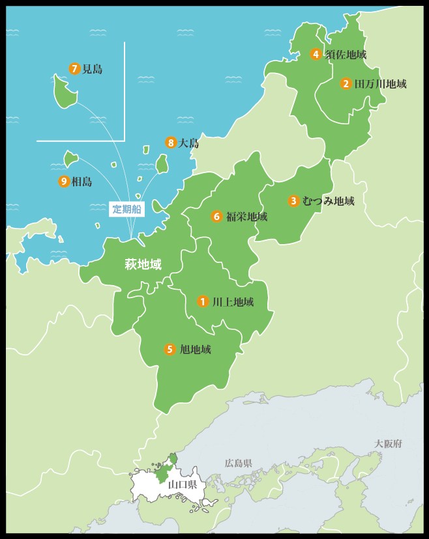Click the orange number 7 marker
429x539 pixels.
tap(74, 68)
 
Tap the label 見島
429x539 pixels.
tap(93, 69)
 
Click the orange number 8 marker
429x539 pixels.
tap(171, 143)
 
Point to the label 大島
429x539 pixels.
tap(188, 144)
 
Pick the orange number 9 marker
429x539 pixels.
tap(64, 182)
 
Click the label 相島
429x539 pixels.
tap(81, 182)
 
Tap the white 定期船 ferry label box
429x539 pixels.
tap(126, 209)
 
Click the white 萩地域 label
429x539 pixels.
tap(143, 264)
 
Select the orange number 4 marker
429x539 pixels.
tap(316, 55)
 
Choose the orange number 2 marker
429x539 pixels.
tap(346, 83)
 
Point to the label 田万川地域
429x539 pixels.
tap(380, 84)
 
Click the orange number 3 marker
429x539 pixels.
tap(294, 201)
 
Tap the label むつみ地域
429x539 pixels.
tap(329, 201)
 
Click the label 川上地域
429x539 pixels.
tap(233, 302)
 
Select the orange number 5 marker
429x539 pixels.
tap(170, 350)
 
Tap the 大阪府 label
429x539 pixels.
tap(389, 443)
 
